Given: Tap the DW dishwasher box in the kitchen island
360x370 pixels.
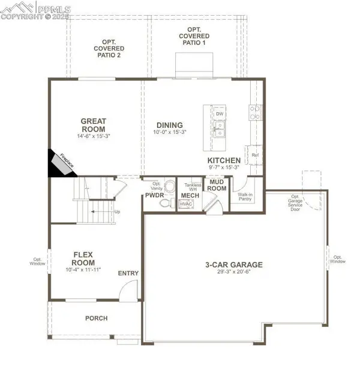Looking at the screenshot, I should click(x=220, y=114).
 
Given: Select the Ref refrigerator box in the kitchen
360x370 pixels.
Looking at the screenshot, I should click(x=254, y=154).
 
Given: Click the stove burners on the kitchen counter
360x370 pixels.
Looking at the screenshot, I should click(x=255, y=109).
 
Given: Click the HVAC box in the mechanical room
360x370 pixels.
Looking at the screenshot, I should click(x=187, y=204).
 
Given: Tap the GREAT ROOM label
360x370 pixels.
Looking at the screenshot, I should click(x=93, y=125).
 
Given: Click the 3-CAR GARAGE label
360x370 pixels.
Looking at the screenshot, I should click(x=234, y=264).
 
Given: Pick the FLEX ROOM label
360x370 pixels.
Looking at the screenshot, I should click(x=83, y=258).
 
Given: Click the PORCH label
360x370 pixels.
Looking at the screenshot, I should click(x=96, y=318).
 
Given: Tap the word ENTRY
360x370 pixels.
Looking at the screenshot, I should click(x=128, y=273).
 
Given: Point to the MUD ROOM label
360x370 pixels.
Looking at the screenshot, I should click(x=216, y=184).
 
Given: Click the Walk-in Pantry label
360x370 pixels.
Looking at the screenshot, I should click(x=245, y=196).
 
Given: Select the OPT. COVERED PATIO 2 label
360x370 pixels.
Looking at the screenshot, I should click(x=109, y=48).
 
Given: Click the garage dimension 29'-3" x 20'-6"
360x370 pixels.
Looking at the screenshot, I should click(x=234, y=273).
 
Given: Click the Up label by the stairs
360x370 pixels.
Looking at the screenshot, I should click(x=116, y=211).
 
